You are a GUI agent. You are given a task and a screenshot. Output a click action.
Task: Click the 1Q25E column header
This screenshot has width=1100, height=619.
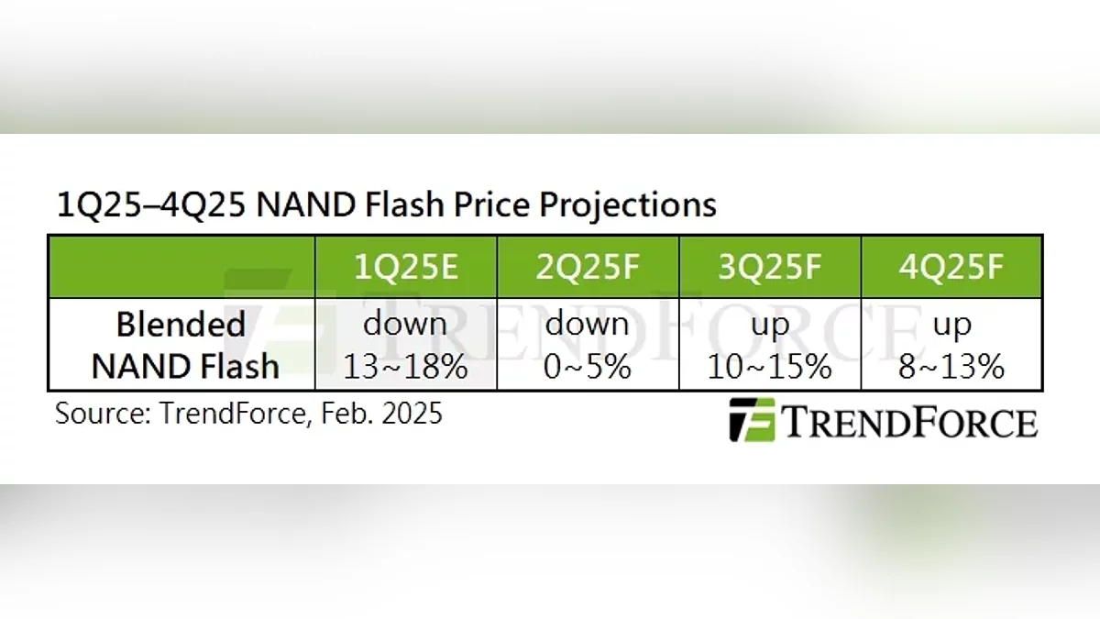(405, 268)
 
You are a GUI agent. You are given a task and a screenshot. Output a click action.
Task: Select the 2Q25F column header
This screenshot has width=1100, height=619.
(588, 268)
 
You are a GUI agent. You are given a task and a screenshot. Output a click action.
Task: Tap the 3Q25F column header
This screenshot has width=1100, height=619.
(769, 268)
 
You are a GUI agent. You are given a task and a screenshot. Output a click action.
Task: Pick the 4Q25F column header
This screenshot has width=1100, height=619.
(951, 268)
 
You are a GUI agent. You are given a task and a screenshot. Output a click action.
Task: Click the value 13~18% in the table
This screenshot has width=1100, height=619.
(405, 367)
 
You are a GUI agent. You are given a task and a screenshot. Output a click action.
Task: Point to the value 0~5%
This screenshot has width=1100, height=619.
(588, 367)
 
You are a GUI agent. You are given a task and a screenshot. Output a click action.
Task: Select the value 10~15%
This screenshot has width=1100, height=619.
(769, 367)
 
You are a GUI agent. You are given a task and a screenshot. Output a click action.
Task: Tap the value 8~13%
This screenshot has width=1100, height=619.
(951, 367)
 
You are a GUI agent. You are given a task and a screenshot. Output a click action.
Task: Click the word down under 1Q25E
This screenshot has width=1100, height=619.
(405, 324)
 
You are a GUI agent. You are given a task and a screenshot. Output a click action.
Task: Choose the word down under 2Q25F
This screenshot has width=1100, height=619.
(587, 324)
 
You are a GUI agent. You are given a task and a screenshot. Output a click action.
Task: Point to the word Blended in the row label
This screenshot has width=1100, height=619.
(181, 325)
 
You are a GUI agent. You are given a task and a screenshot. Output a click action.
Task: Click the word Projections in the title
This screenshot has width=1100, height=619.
(628, 205)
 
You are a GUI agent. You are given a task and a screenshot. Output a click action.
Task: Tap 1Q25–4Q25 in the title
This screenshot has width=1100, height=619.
(150, 204)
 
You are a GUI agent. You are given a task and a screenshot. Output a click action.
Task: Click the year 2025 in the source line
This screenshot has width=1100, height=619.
(412, 414)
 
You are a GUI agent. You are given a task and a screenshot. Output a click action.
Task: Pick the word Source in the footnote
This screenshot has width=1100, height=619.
(103, 414)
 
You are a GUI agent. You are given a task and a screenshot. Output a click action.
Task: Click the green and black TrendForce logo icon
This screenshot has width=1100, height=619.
(752, 420)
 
